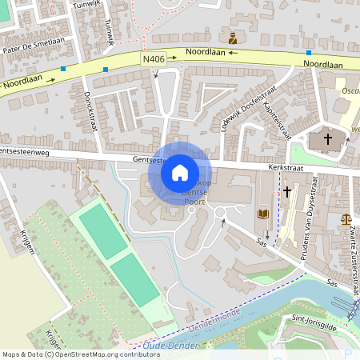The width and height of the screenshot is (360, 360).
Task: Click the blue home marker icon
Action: [180, 172]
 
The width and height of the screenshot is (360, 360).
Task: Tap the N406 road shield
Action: [155, 58]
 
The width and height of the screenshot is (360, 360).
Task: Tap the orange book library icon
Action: [262, 214]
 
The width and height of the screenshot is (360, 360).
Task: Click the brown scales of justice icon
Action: [346, 217]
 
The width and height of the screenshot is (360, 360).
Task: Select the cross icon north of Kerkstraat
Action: [327, 139]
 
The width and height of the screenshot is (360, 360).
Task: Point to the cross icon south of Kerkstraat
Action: [287, 192]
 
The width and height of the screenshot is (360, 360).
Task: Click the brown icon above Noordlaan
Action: [233, 38]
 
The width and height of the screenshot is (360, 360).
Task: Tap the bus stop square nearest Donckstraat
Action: [106, 70]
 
